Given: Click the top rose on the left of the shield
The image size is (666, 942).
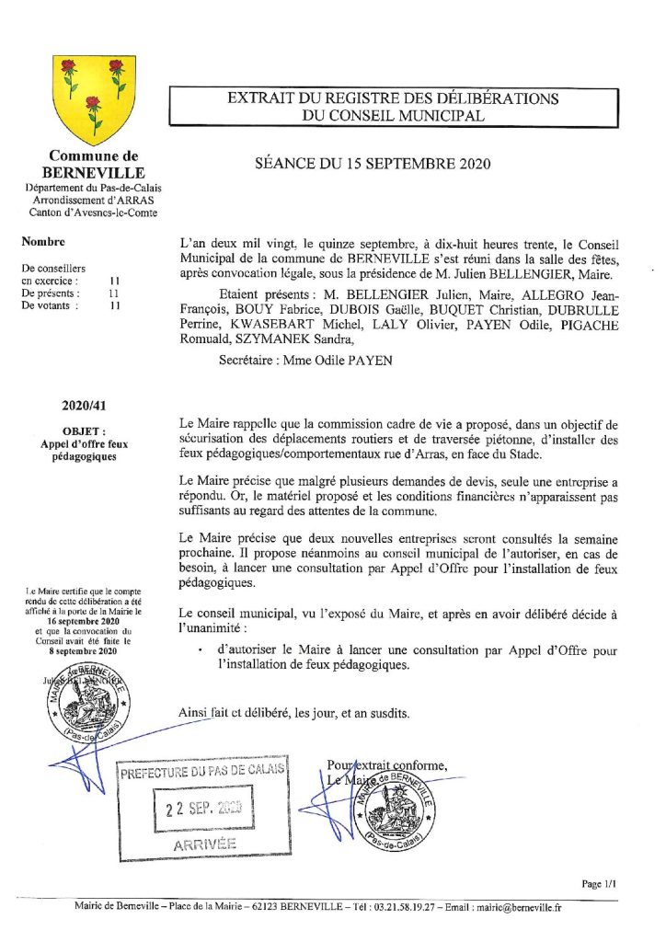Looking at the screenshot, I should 68,66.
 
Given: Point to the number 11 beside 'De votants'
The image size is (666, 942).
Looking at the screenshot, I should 114,306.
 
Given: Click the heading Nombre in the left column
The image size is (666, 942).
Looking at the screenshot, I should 43,243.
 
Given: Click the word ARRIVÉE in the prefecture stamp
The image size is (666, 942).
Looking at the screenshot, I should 204,844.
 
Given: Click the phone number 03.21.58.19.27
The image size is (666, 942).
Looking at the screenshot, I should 399,907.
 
